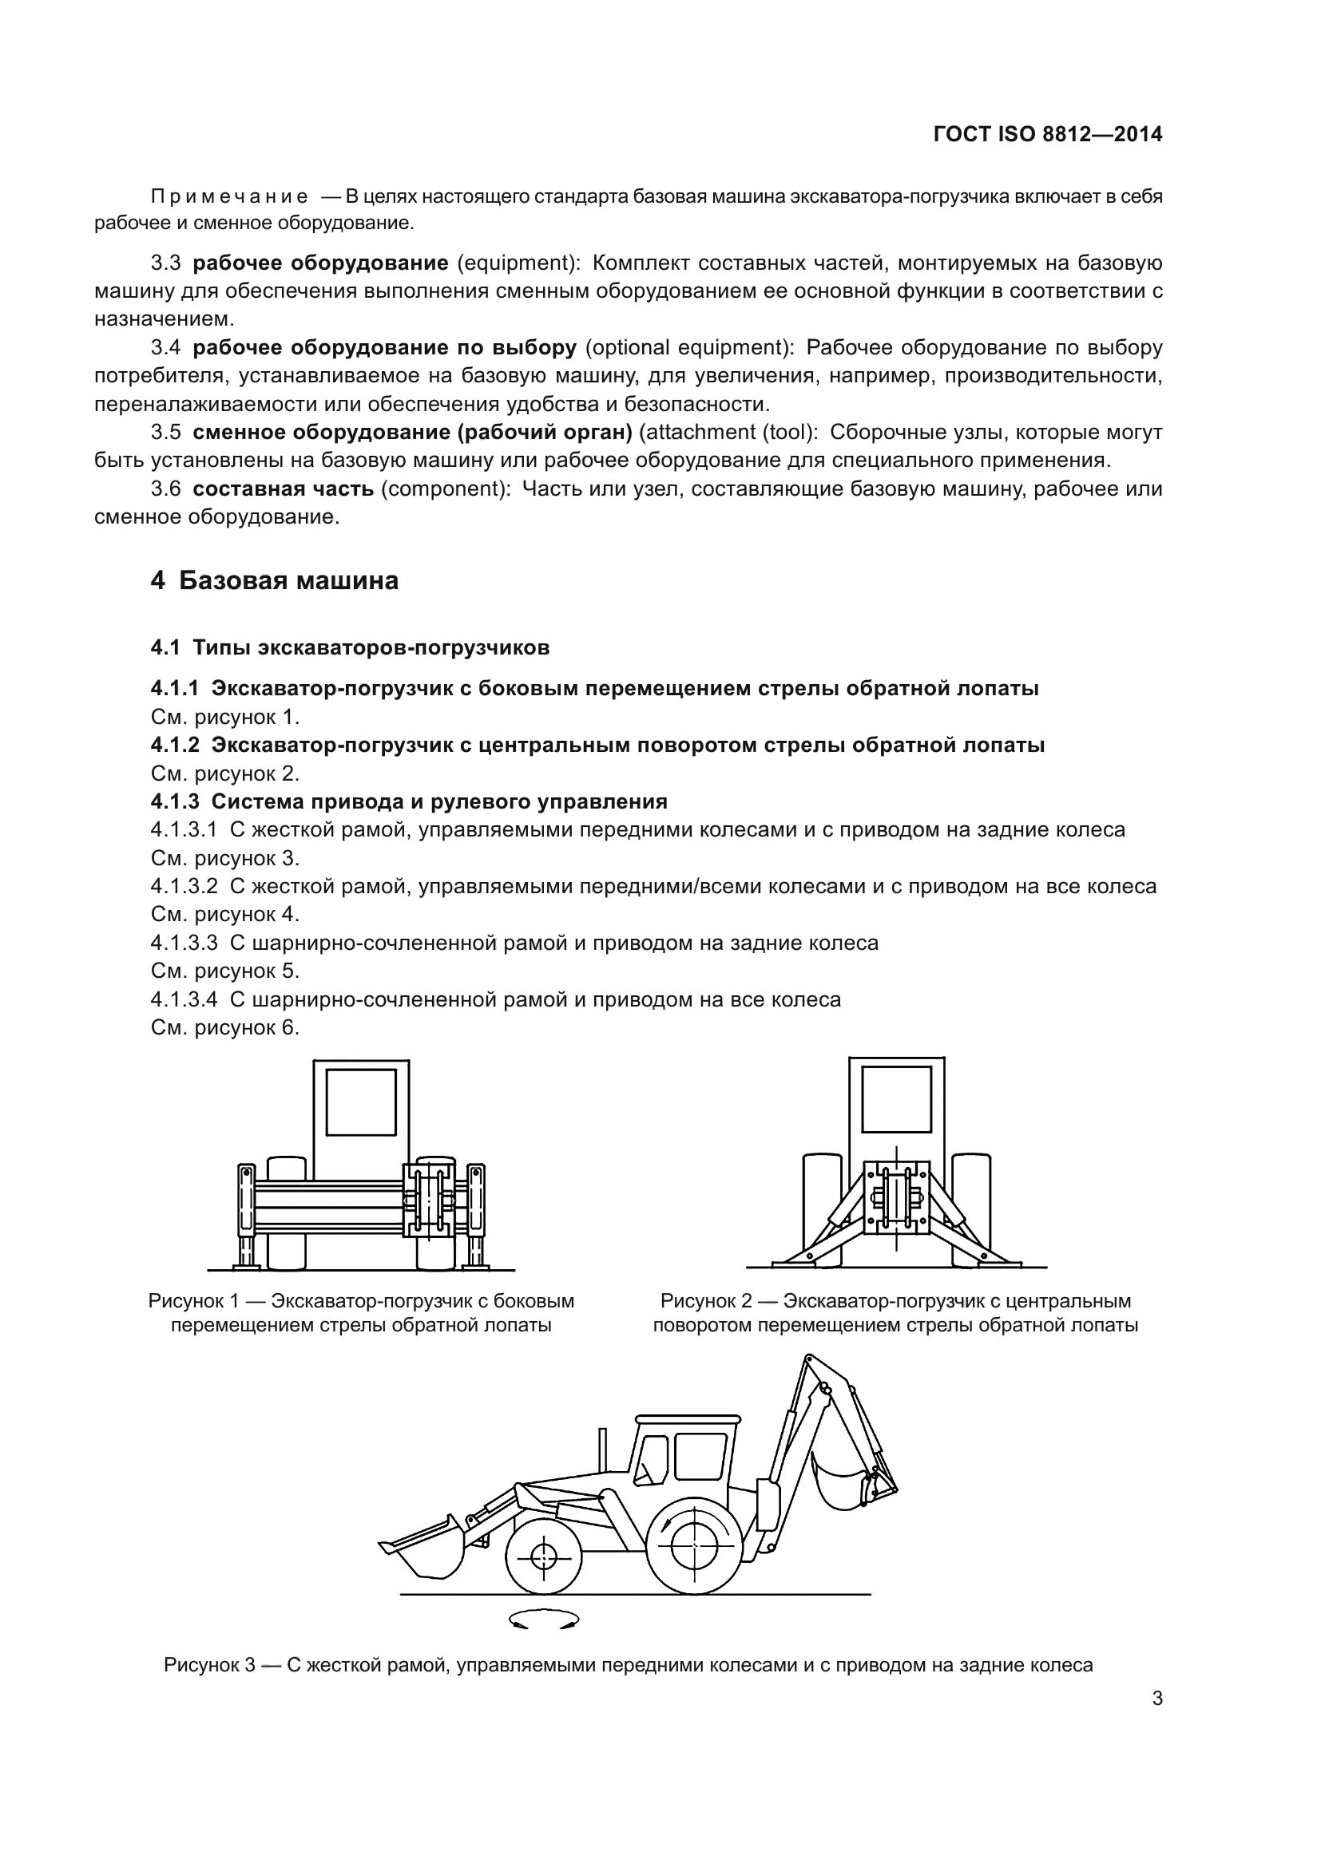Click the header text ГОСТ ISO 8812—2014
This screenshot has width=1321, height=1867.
1048,135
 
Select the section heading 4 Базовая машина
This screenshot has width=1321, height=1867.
275,580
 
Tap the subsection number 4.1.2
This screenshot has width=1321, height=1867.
175,745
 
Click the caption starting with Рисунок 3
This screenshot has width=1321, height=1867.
628,1664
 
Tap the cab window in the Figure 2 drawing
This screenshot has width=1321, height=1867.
896,1098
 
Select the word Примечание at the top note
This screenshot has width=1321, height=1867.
229,196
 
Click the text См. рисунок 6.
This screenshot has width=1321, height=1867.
225,1028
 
